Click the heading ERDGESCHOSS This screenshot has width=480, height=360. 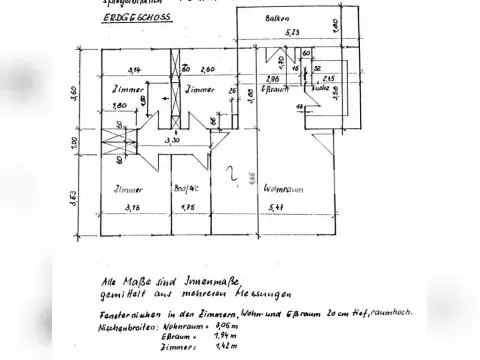[140, 18]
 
